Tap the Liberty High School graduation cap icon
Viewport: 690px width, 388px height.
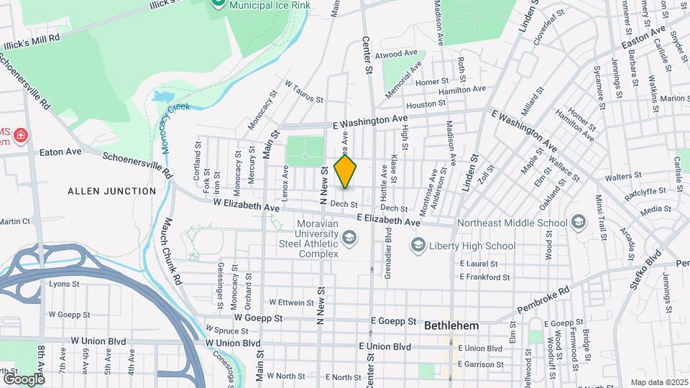click(x=417, y=246)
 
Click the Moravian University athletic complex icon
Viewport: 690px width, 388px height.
click(x=349, y=237)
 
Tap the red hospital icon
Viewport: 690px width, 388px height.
click(x=21, y=135)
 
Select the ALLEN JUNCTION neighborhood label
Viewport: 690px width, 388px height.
click(x=111, y=191)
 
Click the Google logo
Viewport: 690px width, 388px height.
click(x=24, y=379)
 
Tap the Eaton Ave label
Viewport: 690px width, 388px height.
click(x=60, y=152)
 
